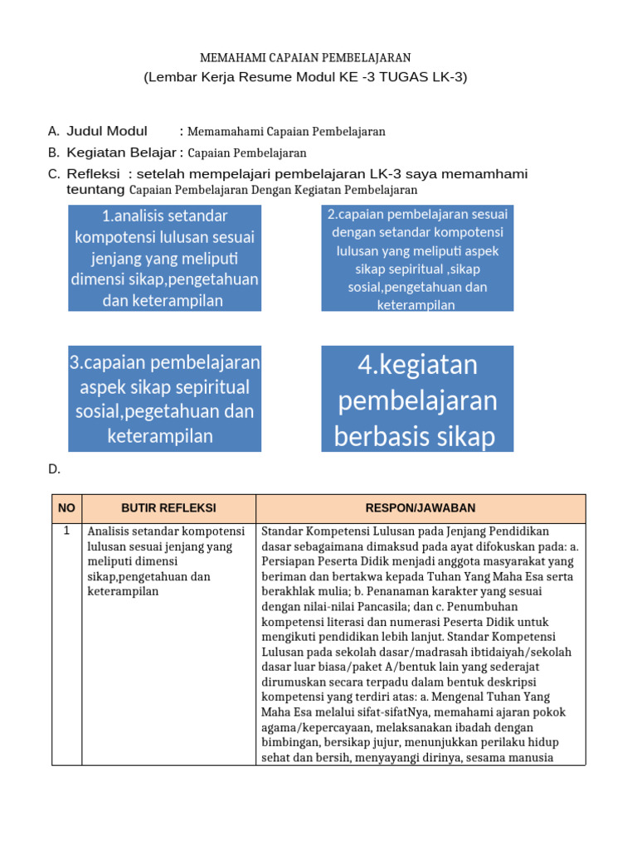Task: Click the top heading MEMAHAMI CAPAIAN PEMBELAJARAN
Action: click(305, 57)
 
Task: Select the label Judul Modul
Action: click(107, 131)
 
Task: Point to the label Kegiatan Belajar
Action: click(122, 153)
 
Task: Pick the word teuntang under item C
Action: click(95, 190)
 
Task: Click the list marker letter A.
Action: click(53, 131)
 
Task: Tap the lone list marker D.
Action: click(54, 469)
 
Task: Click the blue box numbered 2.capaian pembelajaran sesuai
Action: click(416, 258)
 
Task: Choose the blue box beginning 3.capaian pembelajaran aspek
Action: click(164, 399)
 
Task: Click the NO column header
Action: click(66, 508)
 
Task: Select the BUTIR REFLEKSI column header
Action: click(168, 508)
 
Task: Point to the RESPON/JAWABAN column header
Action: click(421, 508)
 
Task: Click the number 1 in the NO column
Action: click(66, 531)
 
